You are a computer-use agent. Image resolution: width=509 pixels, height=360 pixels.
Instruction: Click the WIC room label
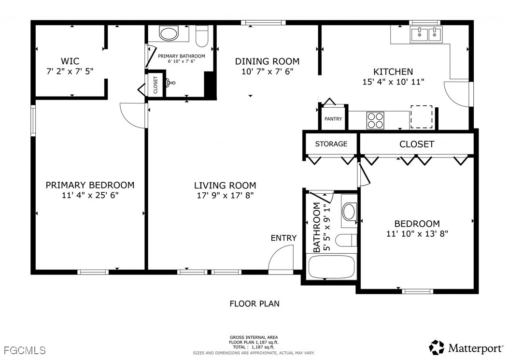(70, 61)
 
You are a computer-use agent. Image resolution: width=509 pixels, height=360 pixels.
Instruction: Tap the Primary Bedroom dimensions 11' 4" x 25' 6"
(90, 195)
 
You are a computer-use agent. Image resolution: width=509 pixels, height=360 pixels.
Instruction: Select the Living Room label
(225, 186)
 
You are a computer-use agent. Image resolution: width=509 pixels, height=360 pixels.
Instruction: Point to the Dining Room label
(267, 61)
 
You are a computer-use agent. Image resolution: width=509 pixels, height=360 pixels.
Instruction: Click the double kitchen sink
(426, 34)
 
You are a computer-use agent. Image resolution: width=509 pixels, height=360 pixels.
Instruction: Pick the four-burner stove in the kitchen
(375, 120)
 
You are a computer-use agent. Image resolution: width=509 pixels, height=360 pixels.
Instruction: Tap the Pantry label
(333, 119)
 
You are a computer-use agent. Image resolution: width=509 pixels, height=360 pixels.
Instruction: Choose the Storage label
(331, 144)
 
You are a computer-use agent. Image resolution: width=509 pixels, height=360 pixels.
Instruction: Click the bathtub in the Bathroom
(332, 267)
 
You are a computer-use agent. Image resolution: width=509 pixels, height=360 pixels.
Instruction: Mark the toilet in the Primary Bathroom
(202, 36)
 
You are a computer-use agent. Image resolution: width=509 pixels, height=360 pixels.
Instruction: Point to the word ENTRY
(283, 238)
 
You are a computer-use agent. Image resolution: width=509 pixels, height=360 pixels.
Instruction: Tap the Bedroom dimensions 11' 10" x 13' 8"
(417, 233)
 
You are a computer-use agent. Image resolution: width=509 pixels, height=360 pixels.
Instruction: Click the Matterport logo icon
(437, 347)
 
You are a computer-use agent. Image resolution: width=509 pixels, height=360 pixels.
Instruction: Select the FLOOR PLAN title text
(254, 304)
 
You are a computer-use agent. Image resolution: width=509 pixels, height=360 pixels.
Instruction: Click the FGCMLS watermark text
(25, 350)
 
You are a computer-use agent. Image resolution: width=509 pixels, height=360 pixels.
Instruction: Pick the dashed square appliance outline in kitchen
(422, 117)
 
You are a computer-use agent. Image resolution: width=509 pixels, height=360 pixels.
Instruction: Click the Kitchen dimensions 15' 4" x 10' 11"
(393, 82)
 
